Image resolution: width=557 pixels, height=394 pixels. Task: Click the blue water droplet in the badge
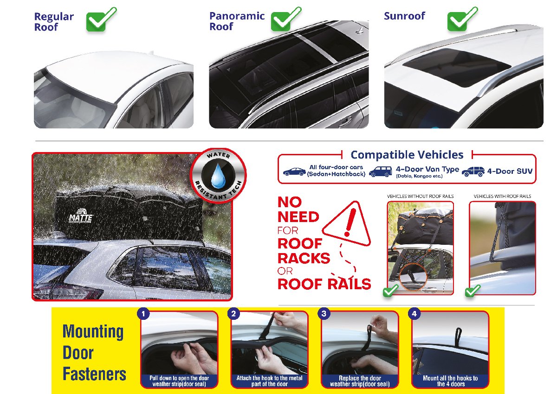pyautogui.click(x=218, y=175)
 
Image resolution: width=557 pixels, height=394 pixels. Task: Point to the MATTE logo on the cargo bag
pyautogui.click(x=81, y=216)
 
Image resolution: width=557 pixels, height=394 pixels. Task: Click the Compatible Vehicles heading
pyautogui.click(x=407, y=155)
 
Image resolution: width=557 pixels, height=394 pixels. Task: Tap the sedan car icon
pyautogui.click(x=294, y=172)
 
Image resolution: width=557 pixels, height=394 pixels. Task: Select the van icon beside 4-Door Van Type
pyautogui.click(x=380, y=172)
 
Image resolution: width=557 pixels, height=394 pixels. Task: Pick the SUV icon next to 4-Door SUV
pyautogui.click(x=473, y=172)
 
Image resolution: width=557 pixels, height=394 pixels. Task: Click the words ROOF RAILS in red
pyautogui.click(x=324, y=284)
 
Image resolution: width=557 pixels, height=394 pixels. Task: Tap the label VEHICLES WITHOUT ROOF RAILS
pyautogui.click(x=420, y=197)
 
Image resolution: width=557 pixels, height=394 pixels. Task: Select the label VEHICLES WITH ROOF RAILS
pyautogui.click(x=502, y=197)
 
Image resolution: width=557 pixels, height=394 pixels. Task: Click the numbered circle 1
pyautogui.click(x=143, y=314)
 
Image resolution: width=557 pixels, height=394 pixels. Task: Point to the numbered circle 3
pyautogui.click(x=324, y=314)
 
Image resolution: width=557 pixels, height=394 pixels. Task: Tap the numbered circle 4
pyautogui.click(x=414, y=314)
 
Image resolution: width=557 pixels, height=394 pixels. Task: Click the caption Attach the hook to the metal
pyautogui.click(x=269, y=378)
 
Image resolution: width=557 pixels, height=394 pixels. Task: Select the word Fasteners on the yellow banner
pyautogui.click(x=94, y=374)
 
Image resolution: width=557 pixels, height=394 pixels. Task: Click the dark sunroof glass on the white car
pyautogui.click(x=457, y=67)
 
